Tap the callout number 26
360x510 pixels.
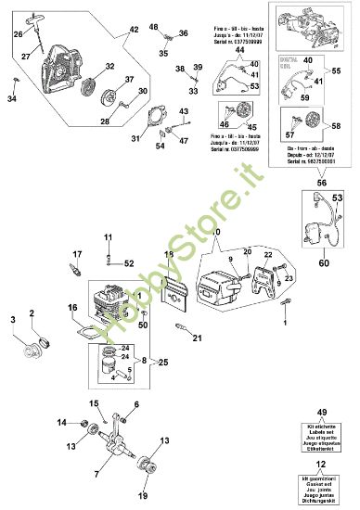17,35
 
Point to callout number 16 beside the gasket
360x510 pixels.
72,307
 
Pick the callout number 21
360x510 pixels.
197,338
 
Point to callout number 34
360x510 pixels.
12,99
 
